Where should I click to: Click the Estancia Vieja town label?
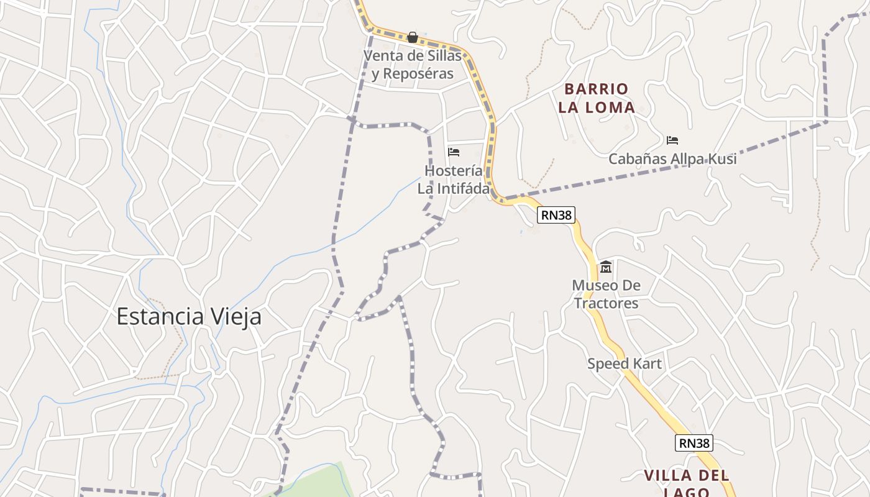click(x=189, y=317)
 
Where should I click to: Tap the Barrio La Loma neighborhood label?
click(x=596, y=98)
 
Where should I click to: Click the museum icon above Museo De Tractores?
click(x=606, y=267)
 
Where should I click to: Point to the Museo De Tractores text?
click(x=606, y=294)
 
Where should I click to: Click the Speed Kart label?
click(x=625, y=363)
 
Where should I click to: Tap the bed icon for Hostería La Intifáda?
click(x=454, y=152)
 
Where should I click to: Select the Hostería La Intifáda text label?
click(x=454, y=180)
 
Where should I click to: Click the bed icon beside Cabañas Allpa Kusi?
click(x=672, y=140)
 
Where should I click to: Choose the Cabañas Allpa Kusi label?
click(x=672, y=159)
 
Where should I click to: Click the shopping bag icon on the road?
click(x=412, y=37)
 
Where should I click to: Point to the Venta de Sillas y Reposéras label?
click(x=413, y=65)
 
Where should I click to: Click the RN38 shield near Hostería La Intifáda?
click(x=556, y=215)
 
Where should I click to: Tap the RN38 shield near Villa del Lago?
click(x=694, y=443)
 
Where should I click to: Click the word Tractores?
click(x=606, y=303)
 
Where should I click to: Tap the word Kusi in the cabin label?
click(x=721, y=159)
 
